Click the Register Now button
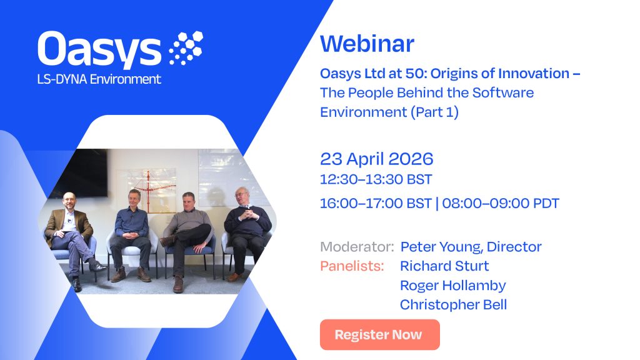point(379,335)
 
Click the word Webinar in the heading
point(367,44)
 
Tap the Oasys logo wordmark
point(99,49)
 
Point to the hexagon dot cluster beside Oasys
point(186,47)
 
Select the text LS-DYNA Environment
point(99,79)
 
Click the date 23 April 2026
point(376,159)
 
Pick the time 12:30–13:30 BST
point(376,179)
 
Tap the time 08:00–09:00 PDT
point(501,203)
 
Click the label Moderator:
point(357,246)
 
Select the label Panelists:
point(352,266)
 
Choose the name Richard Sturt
point(444,266)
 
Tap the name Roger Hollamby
point(452,285)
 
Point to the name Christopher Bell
point(453,304)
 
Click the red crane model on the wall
point(153,190)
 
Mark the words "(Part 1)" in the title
point(434,112)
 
